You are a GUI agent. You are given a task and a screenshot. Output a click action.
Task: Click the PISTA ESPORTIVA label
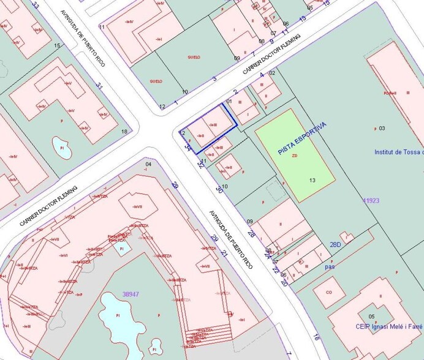click(x=302, y=138)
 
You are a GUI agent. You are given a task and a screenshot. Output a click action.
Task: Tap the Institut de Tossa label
click(x=398, y=152)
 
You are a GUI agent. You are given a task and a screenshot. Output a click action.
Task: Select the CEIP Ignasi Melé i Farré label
click(x=388, y=326)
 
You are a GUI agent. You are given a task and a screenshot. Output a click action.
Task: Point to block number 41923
click(x=371, y=200)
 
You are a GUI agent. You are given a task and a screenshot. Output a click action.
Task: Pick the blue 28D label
click(x=335, y=244)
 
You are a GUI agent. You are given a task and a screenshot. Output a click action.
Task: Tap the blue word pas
click(x=330, y=267)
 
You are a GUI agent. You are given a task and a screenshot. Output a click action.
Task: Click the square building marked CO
click(x=328, y=293)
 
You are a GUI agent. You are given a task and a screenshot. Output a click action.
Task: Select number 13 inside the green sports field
click(x=312, y=180)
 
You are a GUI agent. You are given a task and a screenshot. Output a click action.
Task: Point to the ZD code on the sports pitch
click(x=295, y=156)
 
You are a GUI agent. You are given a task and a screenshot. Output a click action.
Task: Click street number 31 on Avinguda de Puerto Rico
click(x=99, y=86)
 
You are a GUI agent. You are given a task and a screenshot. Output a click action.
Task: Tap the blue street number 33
click(x=36, y=6)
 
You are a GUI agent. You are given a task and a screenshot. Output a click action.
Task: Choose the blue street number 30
click(x=219, y=190)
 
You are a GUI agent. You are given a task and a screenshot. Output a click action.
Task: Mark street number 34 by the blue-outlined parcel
click(x=188, y=147)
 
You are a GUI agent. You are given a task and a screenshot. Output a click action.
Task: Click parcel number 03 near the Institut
click(x=382, y=128)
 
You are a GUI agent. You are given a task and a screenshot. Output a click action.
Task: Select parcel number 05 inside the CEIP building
click(x=372, y=316)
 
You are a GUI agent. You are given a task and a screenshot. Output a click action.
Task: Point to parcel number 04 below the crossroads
click(x=148, y=165)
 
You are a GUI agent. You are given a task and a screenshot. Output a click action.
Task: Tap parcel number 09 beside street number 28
click(x=250, y=221)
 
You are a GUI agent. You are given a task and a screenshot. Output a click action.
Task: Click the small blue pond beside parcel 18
click(x=61, y=146)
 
